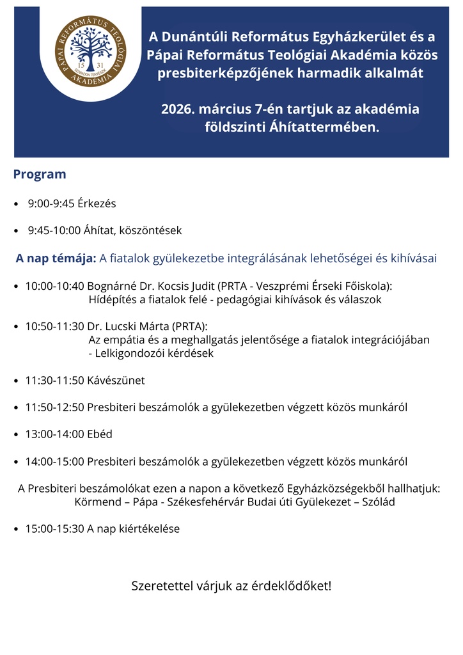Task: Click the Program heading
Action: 40,174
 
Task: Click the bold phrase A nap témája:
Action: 56,258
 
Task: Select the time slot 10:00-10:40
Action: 54,285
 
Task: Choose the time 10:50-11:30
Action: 54,326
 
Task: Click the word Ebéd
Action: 99,434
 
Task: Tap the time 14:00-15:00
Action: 54,461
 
